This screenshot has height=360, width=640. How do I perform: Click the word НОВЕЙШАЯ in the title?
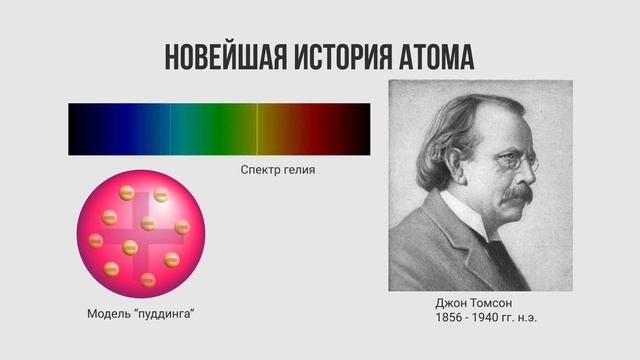click(223, 57)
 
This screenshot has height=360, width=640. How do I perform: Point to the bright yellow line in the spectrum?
click(257, 129)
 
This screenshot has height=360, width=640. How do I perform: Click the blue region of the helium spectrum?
click(140, 129)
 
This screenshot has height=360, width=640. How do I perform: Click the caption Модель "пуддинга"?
click(140, 315)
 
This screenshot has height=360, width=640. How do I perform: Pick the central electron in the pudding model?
click(131, 247)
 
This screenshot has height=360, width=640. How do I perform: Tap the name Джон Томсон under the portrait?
click(474, 302)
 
